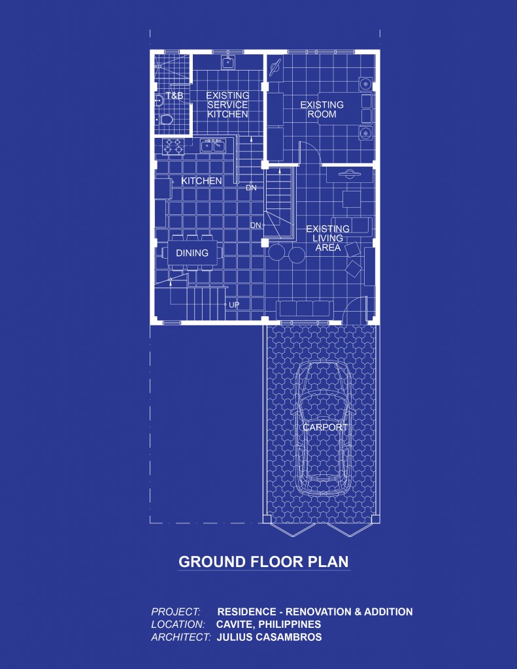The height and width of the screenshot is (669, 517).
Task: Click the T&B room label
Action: click(x=175, y=96)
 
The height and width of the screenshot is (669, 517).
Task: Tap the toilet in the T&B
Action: click(x=166, y=120)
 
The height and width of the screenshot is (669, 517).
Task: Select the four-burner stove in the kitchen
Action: click(x=173, y=146)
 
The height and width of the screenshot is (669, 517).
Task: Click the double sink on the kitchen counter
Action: click(x=212, y=146)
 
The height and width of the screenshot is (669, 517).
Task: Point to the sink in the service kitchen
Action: click(x=227, y=62)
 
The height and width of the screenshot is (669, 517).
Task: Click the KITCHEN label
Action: click(x=201, y=181)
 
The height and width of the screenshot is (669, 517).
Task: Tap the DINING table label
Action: click(x=192, y=253)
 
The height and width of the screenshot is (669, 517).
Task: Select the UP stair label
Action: click(x=234, y=304)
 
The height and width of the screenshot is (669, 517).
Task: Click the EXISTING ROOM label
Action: click(x=322, y=109)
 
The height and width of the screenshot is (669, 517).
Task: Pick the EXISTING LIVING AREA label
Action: click(x=328, y=238)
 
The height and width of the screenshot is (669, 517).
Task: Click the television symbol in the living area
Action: click(x=350, y=174)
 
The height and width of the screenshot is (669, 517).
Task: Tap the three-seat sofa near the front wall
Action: click(x=303, y=308)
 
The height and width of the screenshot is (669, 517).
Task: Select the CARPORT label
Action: click(x=324, y=428)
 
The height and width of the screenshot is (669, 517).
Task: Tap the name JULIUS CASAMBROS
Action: click(x=269, y=637)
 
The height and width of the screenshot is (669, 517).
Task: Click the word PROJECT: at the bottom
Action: click(x=175, y=612)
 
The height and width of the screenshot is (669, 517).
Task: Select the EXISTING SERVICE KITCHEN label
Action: click(x=227, y=105)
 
